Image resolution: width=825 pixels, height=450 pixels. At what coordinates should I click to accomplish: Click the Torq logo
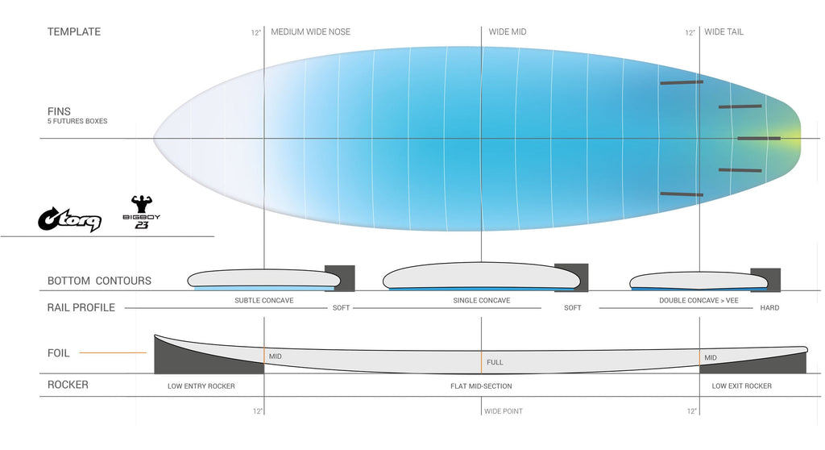pyautogui.click(x=69, y=219)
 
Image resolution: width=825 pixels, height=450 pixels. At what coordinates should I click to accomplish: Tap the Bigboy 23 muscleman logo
pyautogui.click(x=142, y=212)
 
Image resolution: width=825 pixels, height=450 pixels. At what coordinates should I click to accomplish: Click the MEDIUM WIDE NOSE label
pyautogui.click(x=310, y=31)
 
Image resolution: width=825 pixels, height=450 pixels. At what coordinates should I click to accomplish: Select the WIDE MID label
pyautogui.click(x=508, y=31)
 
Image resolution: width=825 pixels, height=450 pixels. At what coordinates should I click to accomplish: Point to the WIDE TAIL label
pyautogui.click(x=724, y=31)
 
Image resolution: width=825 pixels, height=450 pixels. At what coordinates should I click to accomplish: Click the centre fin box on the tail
pyautogui.click(x=759, y=139)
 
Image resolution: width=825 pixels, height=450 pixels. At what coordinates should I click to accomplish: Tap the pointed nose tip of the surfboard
pyautogui.click(x=154, y=139)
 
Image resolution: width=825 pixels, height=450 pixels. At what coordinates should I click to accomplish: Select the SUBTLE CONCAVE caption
pyautogui.click(x=264, y=300)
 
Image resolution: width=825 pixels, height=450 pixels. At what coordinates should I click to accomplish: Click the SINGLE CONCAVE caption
pyautogui.click(x=482, y=300)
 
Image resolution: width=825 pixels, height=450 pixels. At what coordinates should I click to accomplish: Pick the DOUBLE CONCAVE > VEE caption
pyautogui.click(x=699, y=300)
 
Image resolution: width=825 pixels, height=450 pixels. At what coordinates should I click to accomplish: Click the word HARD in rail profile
pyautogui.click(x=769, y=308)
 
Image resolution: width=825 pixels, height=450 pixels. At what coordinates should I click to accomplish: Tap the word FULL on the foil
pyautogui.click(x=495, y=363)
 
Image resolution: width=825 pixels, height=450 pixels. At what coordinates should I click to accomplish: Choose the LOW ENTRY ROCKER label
pyautogui.click(x=201, y=386)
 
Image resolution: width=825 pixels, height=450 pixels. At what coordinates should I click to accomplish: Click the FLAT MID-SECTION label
pyautogui.click(x=481, y=386)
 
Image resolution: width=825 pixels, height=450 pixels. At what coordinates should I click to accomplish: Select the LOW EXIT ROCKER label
pyautogui.click(x=741, y=386)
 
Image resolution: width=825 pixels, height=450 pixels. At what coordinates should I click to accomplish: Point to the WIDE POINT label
pyautogui.click(x=504, y=411)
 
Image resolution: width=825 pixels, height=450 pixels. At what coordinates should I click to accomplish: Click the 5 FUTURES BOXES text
pyautogui.click(x=77, y=121)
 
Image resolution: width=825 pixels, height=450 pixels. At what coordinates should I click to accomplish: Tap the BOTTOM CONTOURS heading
pyautogui.click(x=99, y=281)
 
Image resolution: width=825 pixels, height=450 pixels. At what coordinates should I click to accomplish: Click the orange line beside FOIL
pyautogui.click(x=113, y=352)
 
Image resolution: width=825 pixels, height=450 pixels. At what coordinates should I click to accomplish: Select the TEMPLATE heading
pyautogui.click(x=73, y=31)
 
